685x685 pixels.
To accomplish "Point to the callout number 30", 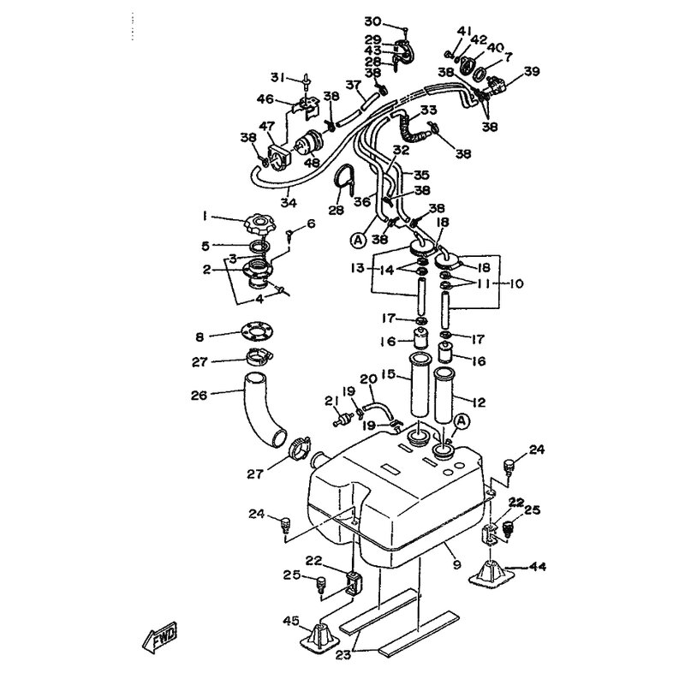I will click(x=372, y=21).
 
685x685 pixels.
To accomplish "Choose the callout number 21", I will click(x=326, y=401).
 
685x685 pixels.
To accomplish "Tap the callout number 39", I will click(x=532, y=72).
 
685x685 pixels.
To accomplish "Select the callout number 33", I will click(x=428, y=110).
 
